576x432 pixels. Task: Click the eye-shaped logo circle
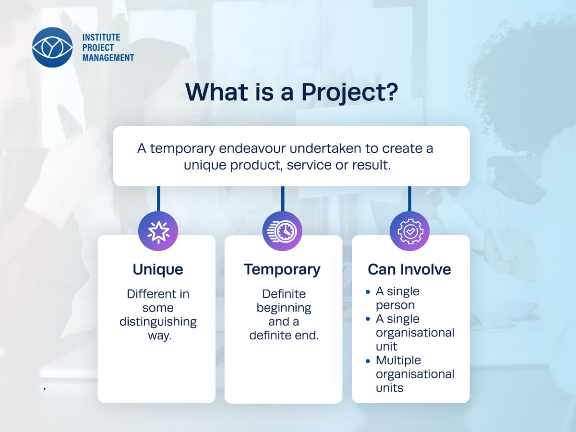52,47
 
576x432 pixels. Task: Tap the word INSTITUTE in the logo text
101,37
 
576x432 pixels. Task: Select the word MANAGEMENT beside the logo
108,58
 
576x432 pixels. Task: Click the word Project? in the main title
349,93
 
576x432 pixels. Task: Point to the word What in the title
216,92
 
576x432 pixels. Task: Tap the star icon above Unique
158,231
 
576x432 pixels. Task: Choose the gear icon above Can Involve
409,231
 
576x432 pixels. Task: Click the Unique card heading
158,269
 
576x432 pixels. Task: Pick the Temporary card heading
282,270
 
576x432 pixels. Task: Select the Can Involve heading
409,269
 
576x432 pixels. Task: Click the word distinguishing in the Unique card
158,322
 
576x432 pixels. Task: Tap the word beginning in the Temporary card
284,308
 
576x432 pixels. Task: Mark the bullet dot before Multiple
368,361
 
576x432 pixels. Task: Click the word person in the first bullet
395,305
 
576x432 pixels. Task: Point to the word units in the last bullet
389,388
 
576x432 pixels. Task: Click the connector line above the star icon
158,199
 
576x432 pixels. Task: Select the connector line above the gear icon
409,199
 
